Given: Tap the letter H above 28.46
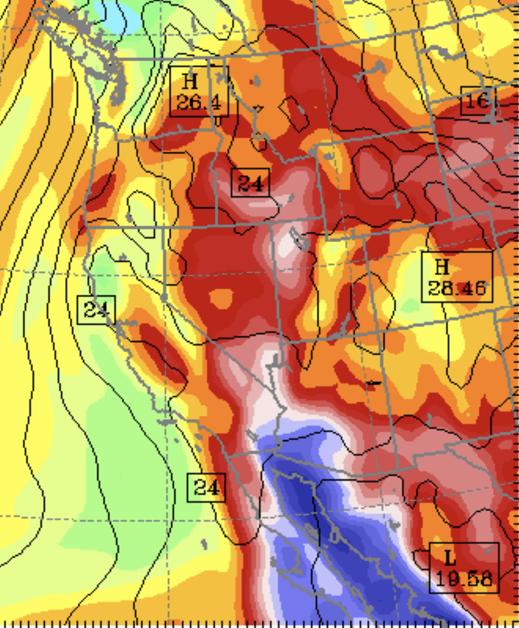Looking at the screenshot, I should (x=442, y=267).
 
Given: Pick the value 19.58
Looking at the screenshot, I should (x=464, y=578).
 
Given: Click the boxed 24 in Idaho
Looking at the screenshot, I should (x=250, y=183).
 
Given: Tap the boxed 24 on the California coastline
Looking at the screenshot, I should (x=95, y=310).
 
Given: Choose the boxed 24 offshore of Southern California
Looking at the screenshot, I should (x=207, y=488).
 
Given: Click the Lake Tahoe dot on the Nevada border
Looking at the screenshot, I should (x=164, y=297).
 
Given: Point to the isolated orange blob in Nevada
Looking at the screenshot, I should (x=221, y=297).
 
